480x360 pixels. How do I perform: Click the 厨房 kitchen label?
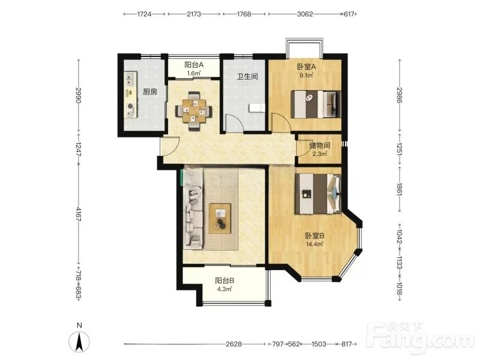click(150, 91)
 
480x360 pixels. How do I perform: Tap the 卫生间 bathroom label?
click(247, 76)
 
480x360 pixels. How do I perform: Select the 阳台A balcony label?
click(194, 65)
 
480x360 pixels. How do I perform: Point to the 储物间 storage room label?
click(319, 145)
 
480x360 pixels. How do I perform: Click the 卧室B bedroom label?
click(314, 236)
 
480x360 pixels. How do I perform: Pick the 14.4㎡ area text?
click(314, 244)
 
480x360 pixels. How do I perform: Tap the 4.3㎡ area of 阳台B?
click(224, 289)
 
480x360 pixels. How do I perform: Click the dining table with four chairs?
click(193, 111)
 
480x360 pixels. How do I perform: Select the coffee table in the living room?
click(220, 218)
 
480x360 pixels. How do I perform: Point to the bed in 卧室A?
click(316, 104)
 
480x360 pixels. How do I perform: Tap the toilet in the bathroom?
click(257, 109)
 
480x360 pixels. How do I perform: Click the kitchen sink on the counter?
click(130, 79)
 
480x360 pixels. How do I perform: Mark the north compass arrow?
click(79, 341)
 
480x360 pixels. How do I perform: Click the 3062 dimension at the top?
click(305, 14)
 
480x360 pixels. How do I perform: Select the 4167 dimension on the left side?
click(79, 214)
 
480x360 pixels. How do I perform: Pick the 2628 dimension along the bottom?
click(233, 344)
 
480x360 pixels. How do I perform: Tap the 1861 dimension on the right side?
click(400, 190)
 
